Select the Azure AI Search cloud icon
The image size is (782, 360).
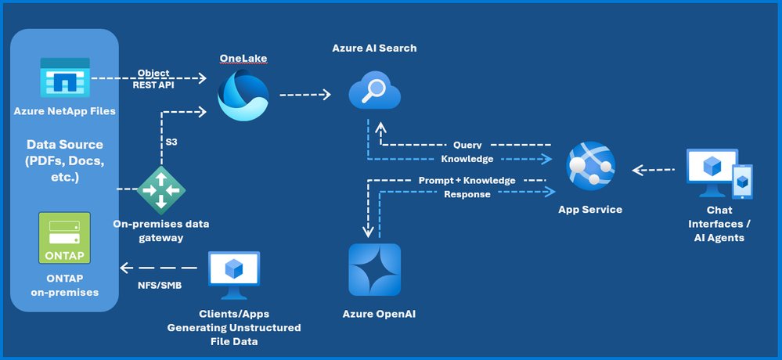(373, 92)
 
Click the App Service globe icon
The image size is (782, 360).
(590, 167)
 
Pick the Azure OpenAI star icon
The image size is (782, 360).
(373, 269)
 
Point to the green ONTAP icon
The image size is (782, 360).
(64, 238)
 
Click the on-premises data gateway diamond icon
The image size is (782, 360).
(162, 189)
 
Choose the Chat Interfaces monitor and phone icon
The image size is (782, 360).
(719, 175)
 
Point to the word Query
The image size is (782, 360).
(467, 146)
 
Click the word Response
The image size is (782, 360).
(467, 194)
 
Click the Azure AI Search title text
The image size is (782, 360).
(373, 49)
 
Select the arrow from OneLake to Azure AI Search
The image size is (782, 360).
(305, 95)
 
